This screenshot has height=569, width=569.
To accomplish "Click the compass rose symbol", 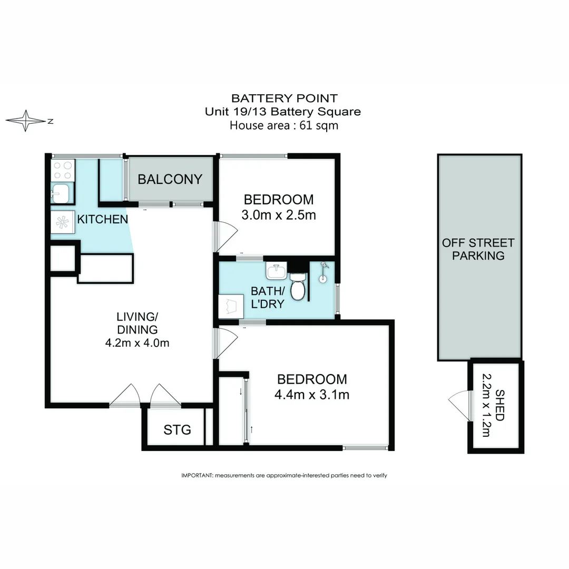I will pos(25,121).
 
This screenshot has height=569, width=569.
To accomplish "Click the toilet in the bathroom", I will pos(298,287).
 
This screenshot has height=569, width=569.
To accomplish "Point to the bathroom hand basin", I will pos(277,271).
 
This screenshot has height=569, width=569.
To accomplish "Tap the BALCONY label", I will pos(170,179).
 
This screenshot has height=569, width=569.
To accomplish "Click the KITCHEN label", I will pos(102,219).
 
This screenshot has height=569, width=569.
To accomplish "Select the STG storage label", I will pos(177,429).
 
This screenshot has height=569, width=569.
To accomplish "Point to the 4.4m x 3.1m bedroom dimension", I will pos(312,394).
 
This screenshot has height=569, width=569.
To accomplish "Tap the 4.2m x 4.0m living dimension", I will pos(137,342).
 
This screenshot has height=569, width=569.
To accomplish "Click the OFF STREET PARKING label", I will pos(478,249).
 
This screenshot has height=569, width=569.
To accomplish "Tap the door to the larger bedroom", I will pos(225,342).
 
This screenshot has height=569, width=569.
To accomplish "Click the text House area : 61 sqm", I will pos(284,125).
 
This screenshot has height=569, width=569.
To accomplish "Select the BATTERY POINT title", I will pos(284,98).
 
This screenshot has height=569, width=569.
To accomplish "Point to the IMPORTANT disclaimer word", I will pos(196,475).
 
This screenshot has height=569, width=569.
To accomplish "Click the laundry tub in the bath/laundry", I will pos(230,306).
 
